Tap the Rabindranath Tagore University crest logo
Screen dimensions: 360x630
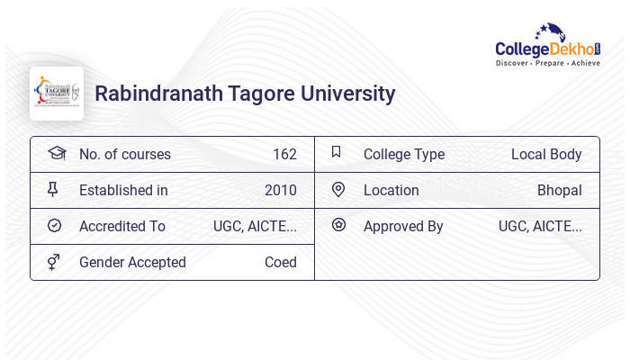coord(56,94)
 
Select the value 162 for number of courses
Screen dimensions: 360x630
coord(284,154)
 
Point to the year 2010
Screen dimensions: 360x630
coord(280,190)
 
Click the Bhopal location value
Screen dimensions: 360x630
coord(559,190)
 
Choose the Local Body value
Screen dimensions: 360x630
coord(546,154)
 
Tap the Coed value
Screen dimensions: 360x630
coord(280,262)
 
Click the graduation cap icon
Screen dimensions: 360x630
coord(56,153)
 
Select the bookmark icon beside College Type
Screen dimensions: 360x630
coord(337,152)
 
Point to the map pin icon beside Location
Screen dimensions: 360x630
coord(338,189)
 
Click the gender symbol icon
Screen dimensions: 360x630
coord(54,262)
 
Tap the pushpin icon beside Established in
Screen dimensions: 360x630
coord(53,189)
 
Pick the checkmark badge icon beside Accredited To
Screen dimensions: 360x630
coord(54,225)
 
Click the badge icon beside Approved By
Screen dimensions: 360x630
coord(338,225)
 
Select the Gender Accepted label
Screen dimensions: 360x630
coord(132,262)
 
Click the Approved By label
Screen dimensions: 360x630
coord(403,226)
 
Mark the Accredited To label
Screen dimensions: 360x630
coord(122,226)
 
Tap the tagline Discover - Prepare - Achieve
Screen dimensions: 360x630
coord(548,63)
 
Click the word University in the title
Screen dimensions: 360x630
coord(346,94)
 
